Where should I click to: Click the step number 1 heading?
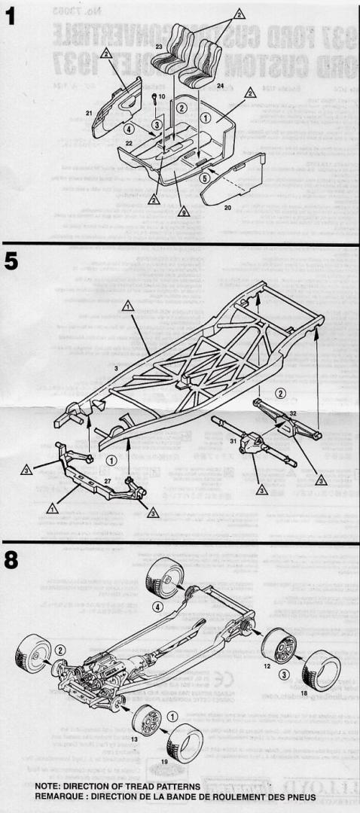10,17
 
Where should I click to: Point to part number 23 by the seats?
160,47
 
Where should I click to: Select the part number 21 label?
89,113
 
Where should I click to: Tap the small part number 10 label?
161,97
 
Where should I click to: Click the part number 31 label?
233,441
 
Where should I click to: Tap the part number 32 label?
293,413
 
